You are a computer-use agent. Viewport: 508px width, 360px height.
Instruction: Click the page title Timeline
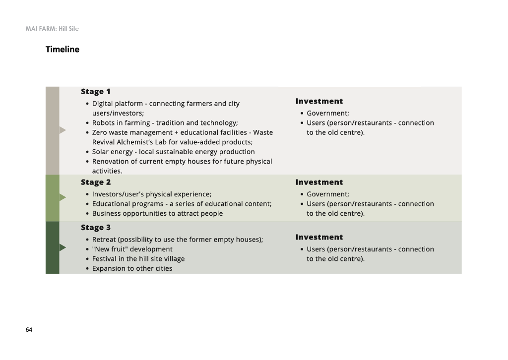[62, 50]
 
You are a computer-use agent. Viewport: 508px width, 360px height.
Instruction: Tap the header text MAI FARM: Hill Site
[52, 29]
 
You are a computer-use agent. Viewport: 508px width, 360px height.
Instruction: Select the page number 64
[29, 330]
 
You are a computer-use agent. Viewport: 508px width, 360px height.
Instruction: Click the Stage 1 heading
[96, 92]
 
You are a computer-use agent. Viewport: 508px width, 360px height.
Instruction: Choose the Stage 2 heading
[96, 182]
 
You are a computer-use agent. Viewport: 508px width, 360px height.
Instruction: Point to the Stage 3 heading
[96, 228]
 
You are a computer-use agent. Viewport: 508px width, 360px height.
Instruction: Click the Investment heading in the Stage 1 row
[319, 101]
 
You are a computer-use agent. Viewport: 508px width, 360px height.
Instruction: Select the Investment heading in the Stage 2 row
[319, 182]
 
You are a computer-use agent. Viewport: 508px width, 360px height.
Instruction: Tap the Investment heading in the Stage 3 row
[319, 238]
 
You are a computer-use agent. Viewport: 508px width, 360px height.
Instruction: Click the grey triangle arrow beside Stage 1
[63, 130]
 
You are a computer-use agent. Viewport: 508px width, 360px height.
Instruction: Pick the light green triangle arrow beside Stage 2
[63, 197]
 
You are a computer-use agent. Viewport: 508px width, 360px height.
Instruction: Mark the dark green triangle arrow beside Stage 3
[63, 247]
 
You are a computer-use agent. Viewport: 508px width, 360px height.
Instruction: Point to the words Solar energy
[113, 152]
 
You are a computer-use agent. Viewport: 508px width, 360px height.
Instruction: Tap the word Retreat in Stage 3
[104, 240]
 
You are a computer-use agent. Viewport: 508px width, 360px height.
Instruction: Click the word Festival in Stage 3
[105, 259]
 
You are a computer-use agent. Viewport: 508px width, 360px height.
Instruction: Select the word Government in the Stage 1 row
[327, 114]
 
